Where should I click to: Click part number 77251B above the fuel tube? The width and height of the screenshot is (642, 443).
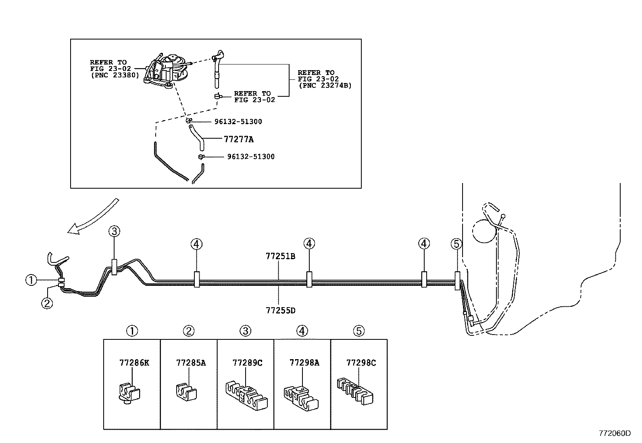[x=280, y=256]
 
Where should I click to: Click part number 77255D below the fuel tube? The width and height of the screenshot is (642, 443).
[x=280, y=310]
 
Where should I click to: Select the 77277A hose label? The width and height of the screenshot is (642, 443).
[x=238, y=139]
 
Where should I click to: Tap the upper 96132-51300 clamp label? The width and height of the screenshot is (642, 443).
[x=238, y=122]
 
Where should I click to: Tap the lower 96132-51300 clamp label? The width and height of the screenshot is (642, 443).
[x=250, y=156]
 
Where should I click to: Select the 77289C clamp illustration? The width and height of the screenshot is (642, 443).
[x=246, y=393]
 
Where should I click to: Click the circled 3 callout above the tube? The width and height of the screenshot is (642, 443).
[x=114, y=231]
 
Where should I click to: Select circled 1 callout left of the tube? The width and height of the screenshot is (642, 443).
[x=31, y=280]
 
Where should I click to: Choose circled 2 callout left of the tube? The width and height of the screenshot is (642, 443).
[x=47, y=302]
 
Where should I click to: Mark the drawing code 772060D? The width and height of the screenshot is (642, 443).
[x=614, y=433]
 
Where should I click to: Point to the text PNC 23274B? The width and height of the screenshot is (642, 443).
[x=325, y=85]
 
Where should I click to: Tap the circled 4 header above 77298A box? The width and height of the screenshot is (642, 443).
[x=302, y=331]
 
